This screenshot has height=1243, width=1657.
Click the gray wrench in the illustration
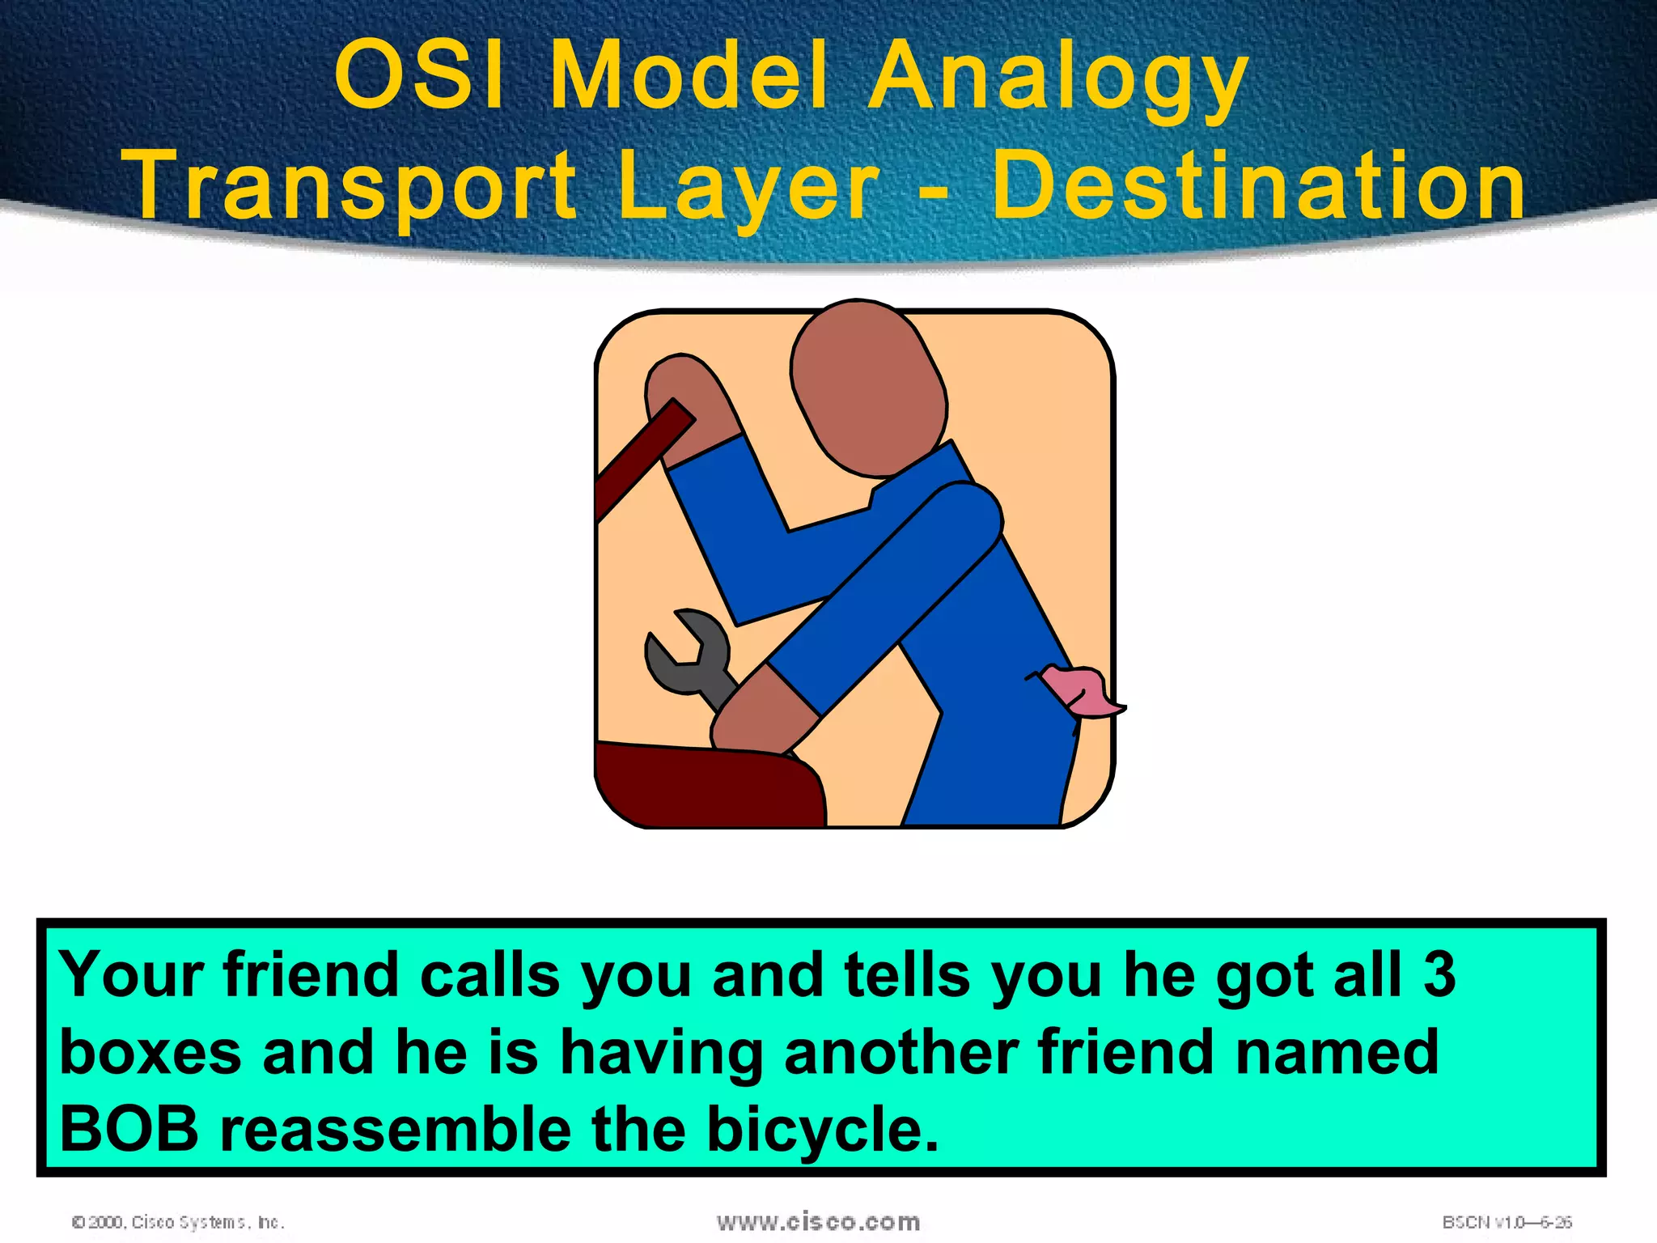coord(688,655)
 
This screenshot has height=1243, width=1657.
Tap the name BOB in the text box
coord(129,1130)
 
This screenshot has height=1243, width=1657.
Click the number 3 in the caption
coord(1439,974)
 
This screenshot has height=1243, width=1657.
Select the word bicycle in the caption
coord(821,1130)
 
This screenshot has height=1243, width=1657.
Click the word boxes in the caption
coord(150,1052)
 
